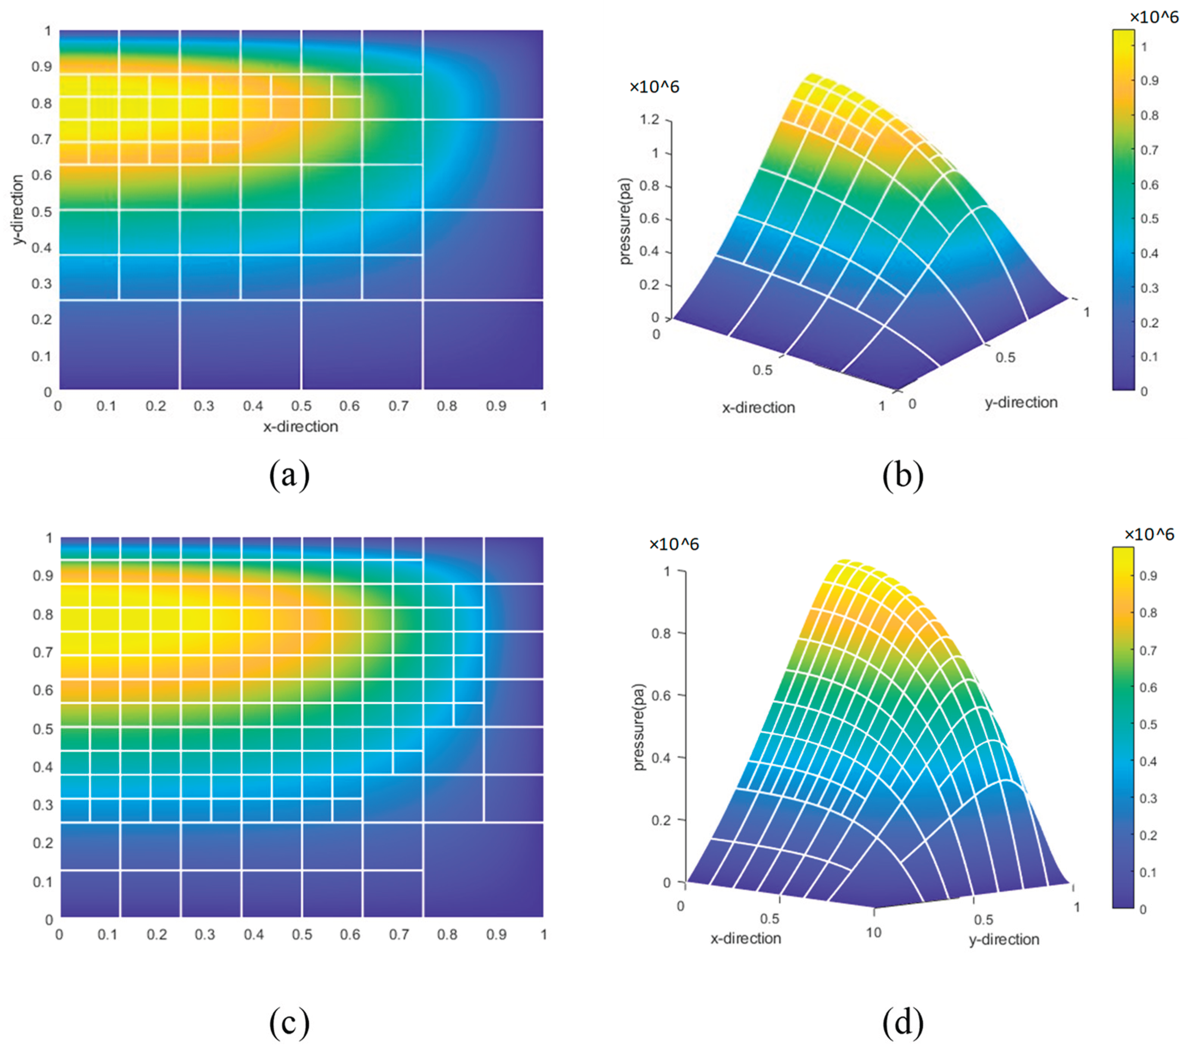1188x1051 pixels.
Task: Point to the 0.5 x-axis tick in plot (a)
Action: pos(301,406)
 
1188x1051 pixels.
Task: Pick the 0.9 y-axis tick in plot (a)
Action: pos(41,67)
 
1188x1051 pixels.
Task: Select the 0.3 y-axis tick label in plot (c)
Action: pos(42,805)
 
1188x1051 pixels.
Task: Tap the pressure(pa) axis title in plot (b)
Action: pos(625,221)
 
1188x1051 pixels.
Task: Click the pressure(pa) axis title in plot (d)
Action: pos(639,727)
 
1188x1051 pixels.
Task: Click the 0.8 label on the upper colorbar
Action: pos(1149,115)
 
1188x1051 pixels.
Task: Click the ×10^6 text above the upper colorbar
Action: pos(1154,17)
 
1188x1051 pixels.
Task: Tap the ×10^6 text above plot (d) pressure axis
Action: pos(674,544)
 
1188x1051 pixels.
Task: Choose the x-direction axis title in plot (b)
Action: pos(759,407)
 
